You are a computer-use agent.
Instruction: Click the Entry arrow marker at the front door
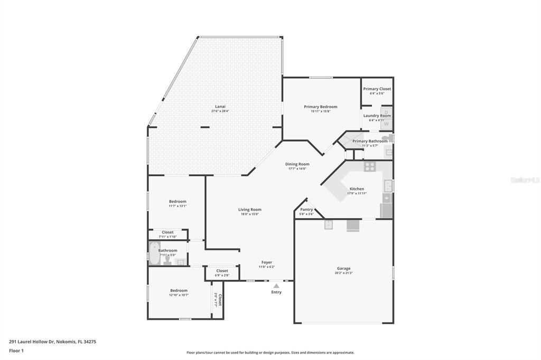[276, 286]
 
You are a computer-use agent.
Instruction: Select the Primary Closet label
[377, 89]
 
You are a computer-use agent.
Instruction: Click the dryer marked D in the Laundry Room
[387, 112]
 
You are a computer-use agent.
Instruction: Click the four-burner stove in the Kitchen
[370, 166]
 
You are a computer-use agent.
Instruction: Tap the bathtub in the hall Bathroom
[154, 252]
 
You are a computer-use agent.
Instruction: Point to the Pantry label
[306, 209]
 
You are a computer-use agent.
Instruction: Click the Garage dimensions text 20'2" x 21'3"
[343, 273]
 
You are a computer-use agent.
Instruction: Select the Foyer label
[267, 262]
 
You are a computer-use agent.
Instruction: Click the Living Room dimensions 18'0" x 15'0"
[250, 214]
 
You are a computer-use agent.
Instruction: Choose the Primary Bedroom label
[320, 107]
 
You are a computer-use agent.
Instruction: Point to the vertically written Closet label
[220, 301]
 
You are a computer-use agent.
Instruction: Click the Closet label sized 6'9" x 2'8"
[222, 271]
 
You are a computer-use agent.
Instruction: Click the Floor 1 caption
[17, 350]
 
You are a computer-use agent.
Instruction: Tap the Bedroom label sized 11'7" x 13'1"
[178, 201]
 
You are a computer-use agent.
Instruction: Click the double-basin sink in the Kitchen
[388, 185]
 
